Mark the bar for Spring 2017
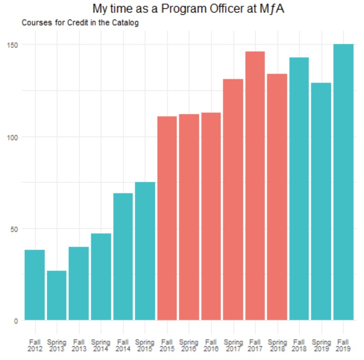click(233, 199)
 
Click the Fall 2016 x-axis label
click(211, 346)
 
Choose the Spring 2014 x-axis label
click(101, 346)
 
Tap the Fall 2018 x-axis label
click(299, 346)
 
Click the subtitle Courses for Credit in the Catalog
click(80, 23)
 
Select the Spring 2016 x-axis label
click(189, 346)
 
